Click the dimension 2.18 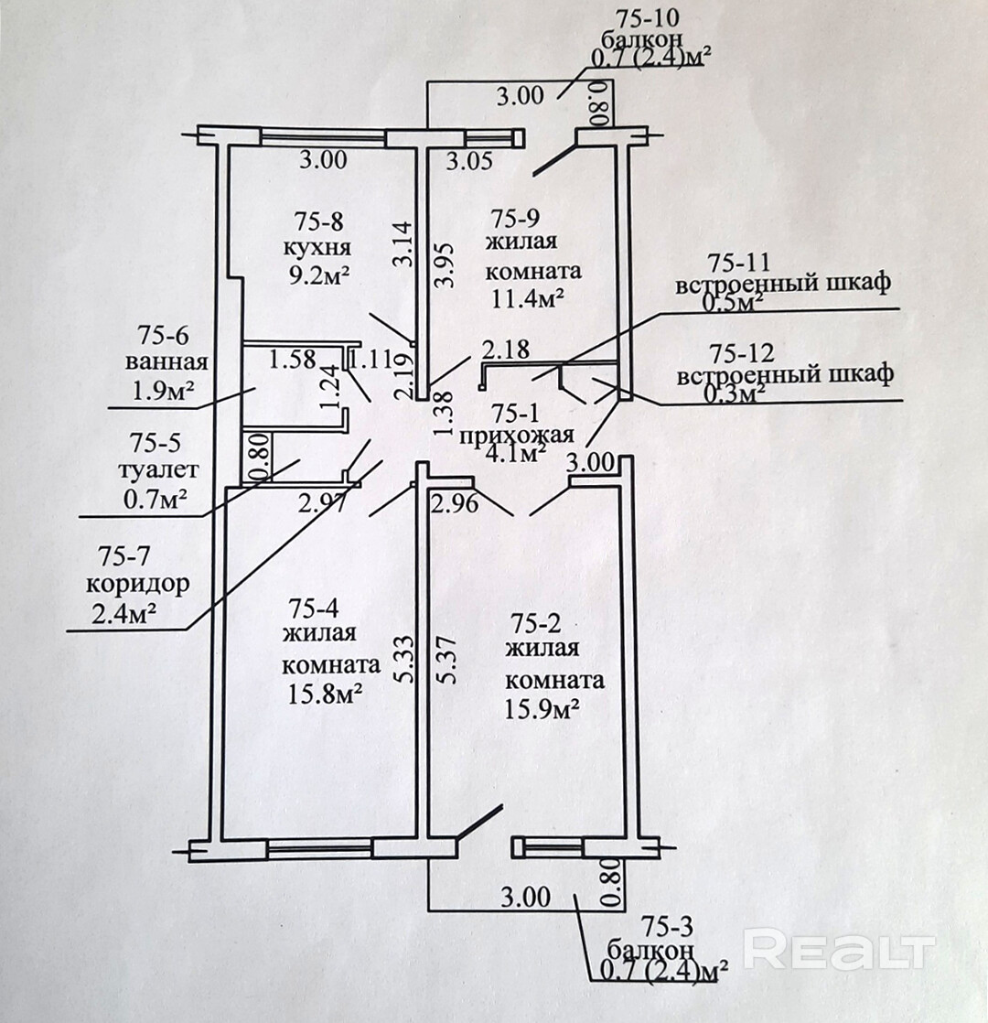tap(507, 349)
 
